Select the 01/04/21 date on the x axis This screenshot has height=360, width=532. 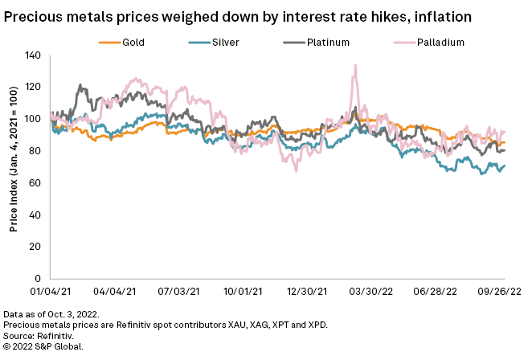tap(51, 292)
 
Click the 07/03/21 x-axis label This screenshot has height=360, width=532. tap(178, 292)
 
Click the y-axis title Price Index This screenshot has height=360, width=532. tap(14, 167)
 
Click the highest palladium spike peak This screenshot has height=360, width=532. tap(354, 66)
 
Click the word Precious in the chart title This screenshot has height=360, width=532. tap(33, 16)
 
